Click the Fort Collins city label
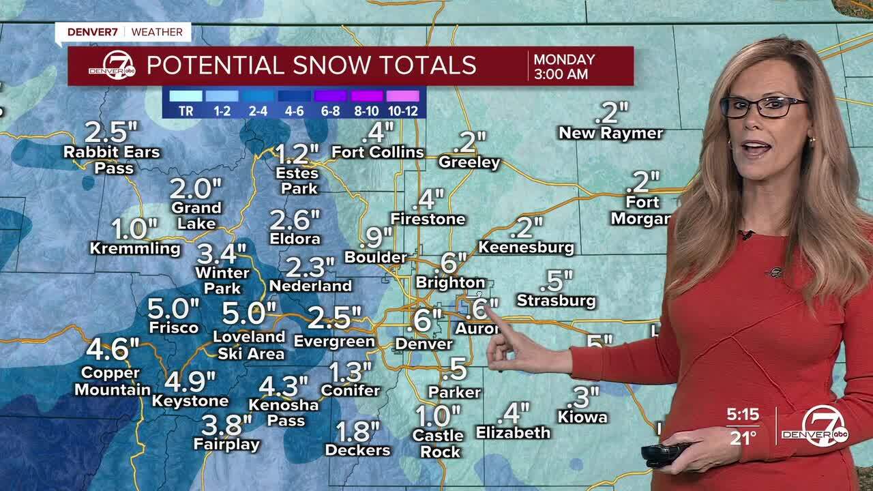pyautogui.click(x=378, y=152)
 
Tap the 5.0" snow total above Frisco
pyautogui.click(x=173, y=309)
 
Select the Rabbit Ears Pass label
pyautogui.click(x=112, y=159)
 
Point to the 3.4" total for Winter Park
pyautogui.click(x=221, y=254)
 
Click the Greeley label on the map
pyautogui.click(x=469, y=162)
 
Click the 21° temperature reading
pyautogui.click(x=743, y=438)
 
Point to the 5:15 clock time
pyautogui.click(x=743, y=415)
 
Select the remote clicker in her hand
pyautogui.click(x=664, y=453)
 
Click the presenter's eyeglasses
pyautogui.click(x=763, y=106)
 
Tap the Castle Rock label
pyautogui.click(x=437, y=443)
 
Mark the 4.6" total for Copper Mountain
pyautogui.click(x=112, y=349)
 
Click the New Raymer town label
pyautogui.click(x=610, y=133)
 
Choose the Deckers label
pyautogui.click(x=357, y=450)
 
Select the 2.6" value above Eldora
pyautogui.click(x=295, y=220)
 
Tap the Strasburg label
pyautogui.click(x=556, y=300)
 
